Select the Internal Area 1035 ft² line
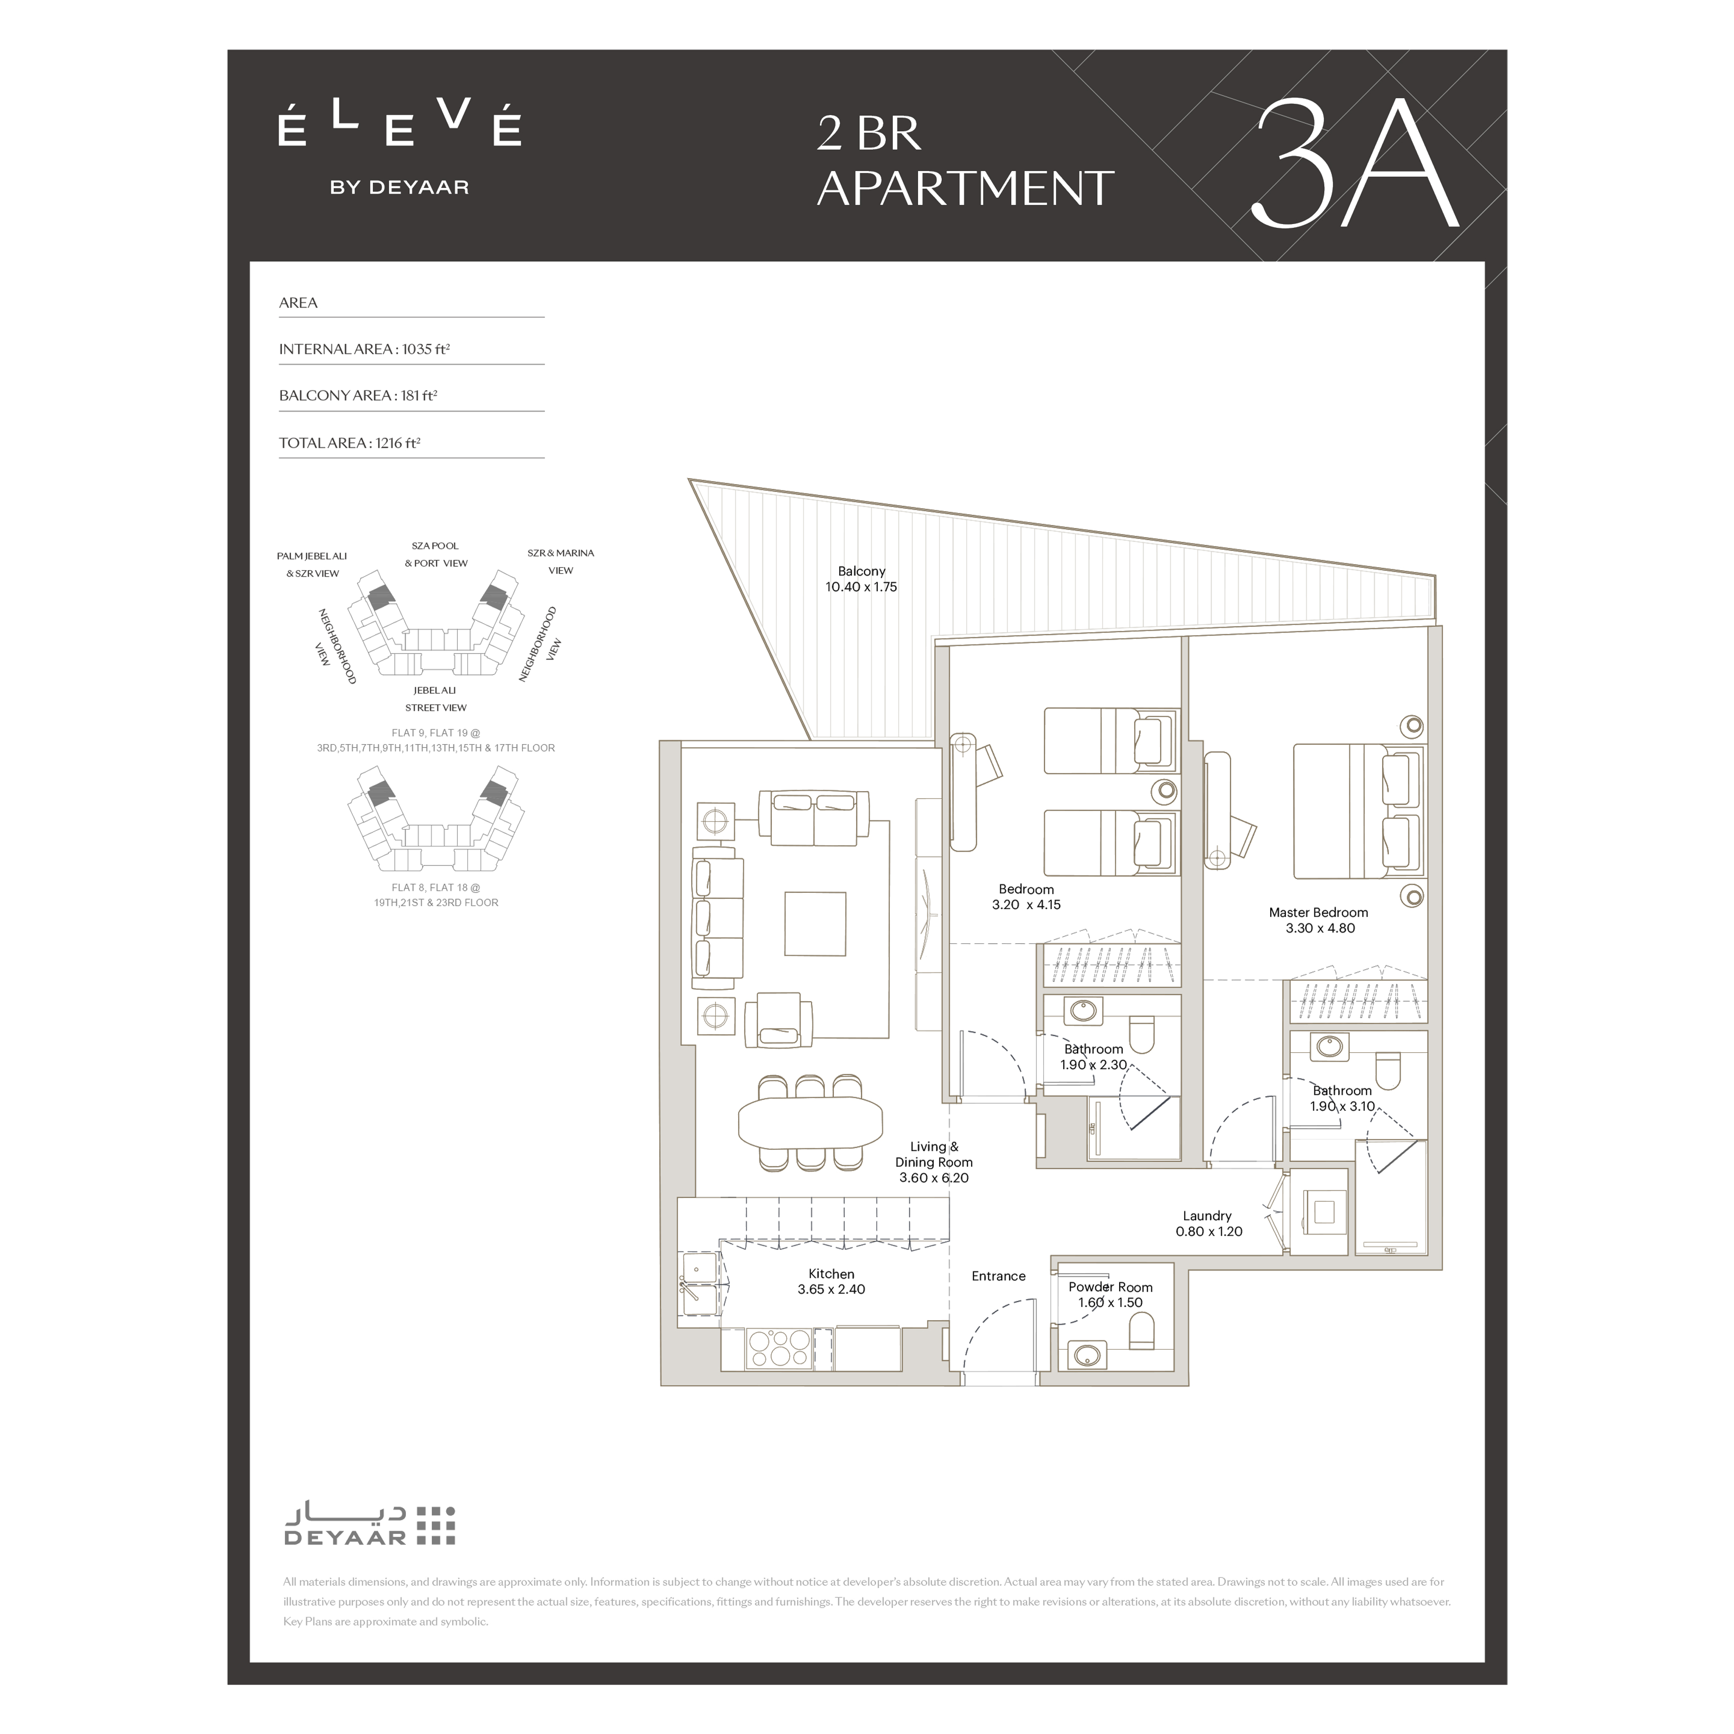[x=365, y=349]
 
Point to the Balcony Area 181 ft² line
[x=358, y=396]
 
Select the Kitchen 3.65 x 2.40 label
[x=832, y=1282]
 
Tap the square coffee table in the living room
[x=815, y=923]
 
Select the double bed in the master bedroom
[x=1359, y=812]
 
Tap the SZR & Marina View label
[x=561, y=562]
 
